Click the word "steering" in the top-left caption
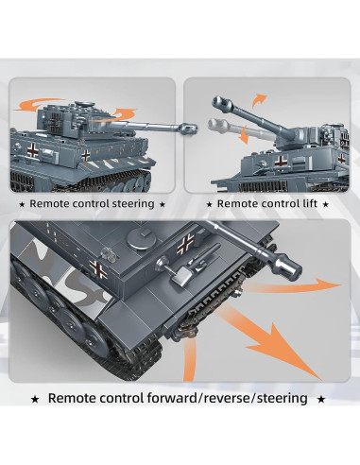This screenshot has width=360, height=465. coord(133,204)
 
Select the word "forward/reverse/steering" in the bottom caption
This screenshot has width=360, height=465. coord(227,398)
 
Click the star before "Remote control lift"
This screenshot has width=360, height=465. coord(209,204)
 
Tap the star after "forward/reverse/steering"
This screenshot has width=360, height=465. coord(321,400)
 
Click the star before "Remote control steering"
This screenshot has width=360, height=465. coord(22,204)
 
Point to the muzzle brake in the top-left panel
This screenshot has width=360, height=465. coord(189,128)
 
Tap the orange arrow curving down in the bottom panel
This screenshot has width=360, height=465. coord(189,359)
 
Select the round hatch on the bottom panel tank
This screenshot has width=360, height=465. coord(142,238)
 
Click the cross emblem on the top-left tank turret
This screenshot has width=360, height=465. coord(57,121)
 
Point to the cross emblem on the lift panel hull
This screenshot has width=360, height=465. coord(280,161)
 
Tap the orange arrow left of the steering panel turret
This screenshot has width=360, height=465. coord(37,105)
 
